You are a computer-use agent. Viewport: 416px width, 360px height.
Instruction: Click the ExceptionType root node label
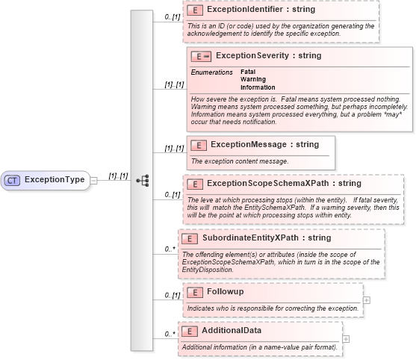(55, 180)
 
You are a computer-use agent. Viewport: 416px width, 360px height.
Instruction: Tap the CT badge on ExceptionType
(13, 180)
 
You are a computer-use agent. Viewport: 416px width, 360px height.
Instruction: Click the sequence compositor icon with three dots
(142, 180)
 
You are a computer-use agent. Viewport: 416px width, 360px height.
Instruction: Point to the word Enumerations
(211, 72)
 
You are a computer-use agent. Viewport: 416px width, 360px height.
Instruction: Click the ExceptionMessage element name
(264, 144)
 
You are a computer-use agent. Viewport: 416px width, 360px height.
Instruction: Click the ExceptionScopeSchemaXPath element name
(284, 183)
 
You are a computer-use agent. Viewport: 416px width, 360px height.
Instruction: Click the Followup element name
(226, 291)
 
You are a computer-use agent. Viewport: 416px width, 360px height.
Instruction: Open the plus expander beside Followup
(366, 300)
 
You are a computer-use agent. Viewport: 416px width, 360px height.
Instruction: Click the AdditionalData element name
(232, 329)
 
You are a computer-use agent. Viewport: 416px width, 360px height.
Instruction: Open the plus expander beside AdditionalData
(345, 339)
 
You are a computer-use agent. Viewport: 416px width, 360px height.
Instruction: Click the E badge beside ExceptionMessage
(199, 145)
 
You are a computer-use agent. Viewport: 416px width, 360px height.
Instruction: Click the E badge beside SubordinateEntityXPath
(190, 238)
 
